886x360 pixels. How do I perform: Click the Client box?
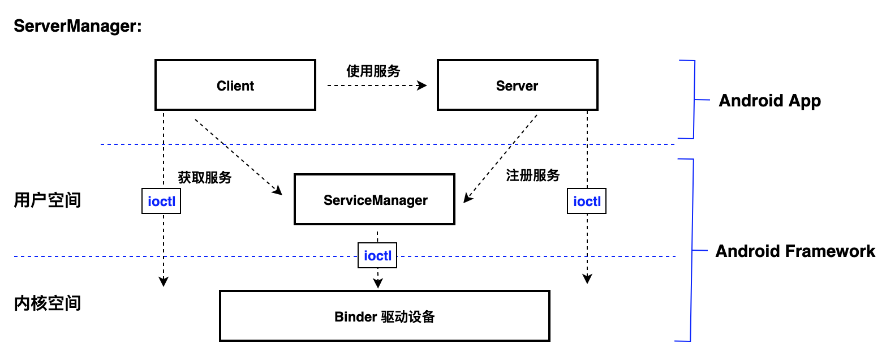[235, 85]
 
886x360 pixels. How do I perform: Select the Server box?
[517, 85]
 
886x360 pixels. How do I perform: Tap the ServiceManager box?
[375, 200]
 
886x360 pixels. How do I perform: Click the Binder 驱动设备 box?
[385, 316]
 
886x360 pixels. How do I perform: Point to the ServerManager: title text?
[78, 26]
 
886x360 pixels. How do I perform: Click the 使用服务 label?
[373, 71]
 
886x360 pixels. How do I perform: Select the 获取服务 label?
[205, 177]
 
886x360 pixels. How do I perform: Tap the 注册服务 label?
[532, 175]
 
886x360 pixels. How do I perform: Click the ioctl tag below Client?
[161, 202]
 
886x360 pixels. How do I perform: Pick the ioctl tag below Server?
[586, 202]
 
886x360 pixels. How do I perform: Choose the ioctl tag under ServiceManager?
[377, 256]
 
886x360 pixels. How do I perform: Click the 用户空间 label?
[48, 200]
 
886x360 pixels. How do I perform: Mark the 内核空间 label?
[48, 303]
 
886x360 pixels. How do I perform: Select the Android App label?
[769, 101]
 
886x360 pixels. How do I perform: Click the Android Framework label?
[795, 251]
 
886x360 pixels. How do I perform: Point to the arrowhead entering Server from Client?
[422, 85]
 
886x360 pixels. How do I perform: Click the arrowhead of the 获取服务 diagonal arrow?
[277, 191]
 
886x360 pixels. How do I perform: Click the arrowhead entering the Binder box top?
[377, 282]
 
